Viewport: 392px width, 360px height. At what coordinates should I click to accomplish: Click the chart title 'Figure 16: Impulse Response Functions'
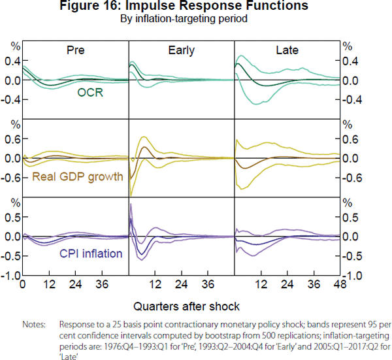pos(195,7)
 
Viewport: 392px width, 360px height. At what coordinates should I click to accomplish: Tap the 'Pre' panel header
pos(75,50)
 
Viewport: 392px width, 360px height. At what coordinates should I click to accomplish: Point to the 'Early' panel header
pos(181,50)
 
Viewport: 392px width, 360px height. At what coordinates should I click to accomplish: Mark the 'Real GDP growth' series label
pos(78,176)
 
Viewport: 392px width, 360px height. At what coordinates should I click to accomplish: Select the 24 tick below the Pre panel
pos(75,285)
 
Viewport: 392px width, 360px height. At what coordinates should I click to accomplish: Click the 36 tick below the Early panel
pos(208,285)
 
